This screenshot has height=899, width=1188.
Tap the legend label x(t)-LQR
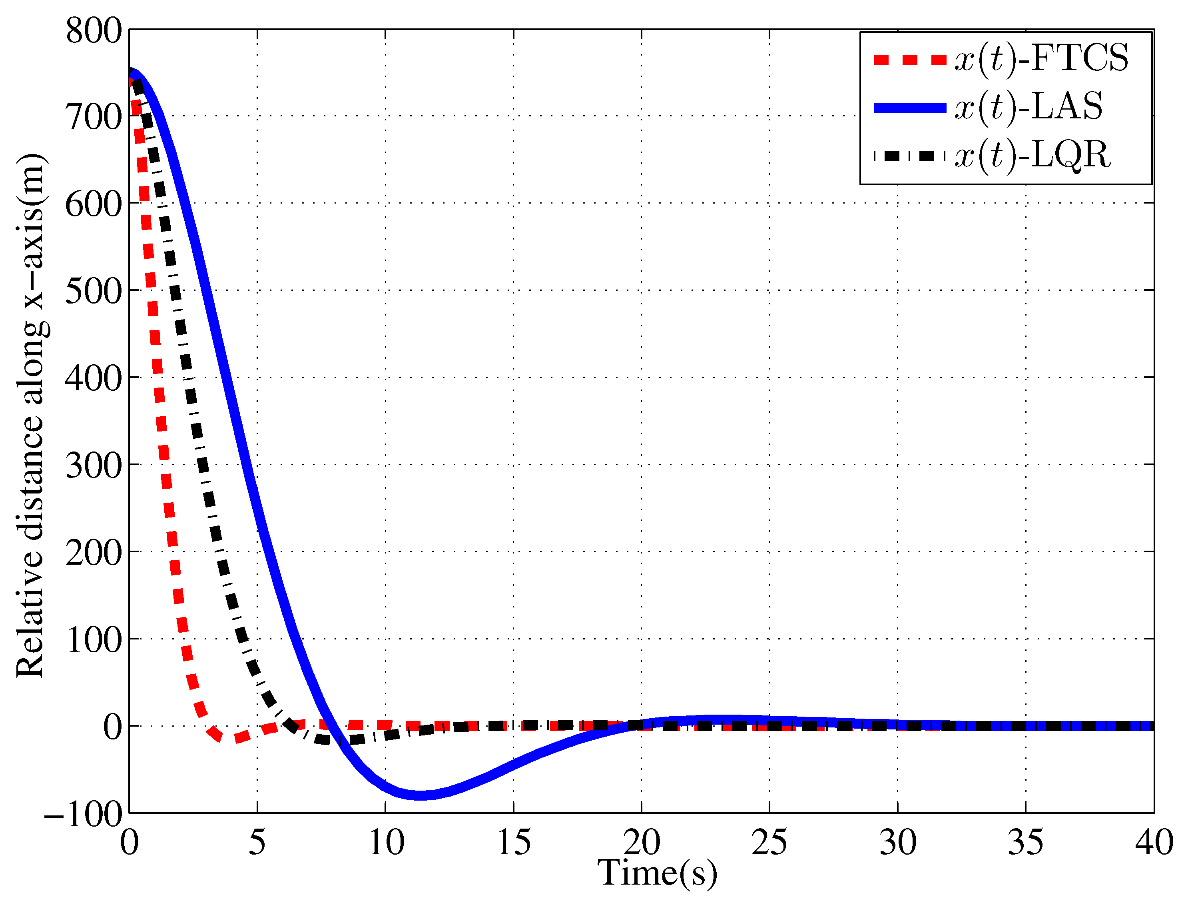click(1032, 156)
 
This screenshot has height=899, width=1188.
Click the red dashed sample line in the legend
click(909, 60)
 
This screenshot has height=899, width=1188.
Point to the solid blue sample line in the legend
click(909, 108)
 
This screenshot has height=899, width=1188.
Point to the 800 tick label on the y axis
click(94, 31)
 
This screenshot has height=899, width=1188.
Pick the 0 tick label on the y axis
click(113, 727)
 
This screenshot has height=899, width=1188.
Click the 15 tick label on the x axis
click(513, 843)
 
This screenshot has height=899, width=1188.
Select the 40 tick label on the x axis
click(1154, 843)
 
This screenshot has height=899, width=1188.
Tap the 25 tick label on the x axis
click(769, 843)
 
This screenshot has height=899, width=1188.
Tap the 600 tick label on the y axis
click(94, 205)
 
